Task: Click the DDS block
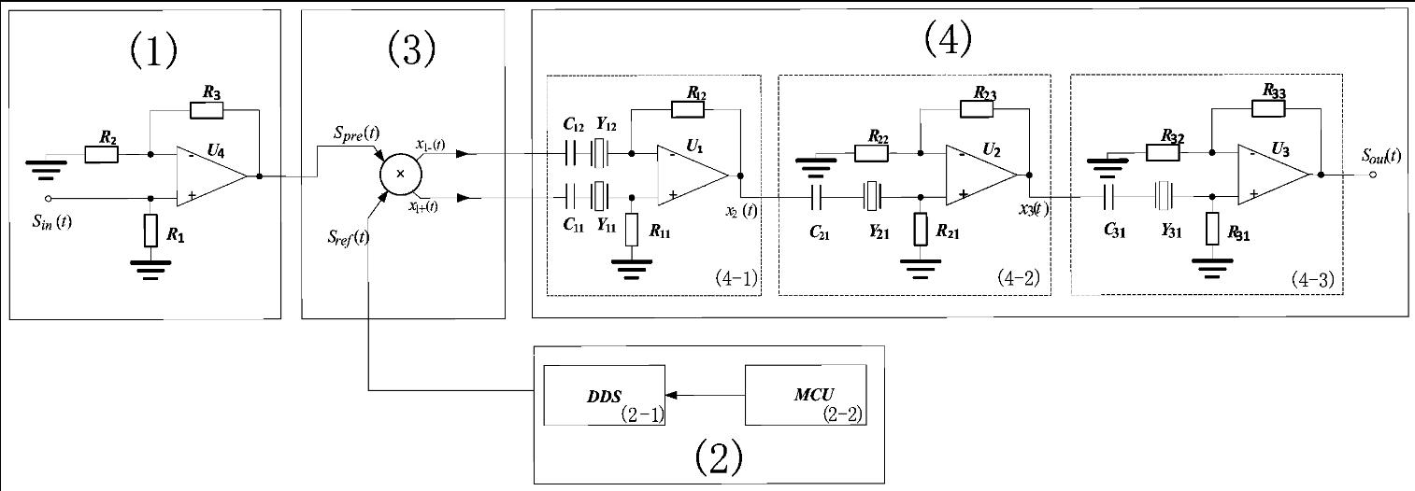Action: click(x=606, y=395)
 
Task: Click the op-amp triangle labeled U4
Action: click(x=209, y=175)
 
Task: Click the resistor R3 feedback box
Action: click(x=207, y=110)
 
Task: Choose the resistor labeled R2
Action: click(x=101, y=153)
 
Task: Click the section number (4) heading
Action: click(x=947, y=38)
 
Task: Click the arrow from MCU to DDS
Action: click(x=705, y=395)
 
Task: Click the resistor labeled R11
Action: click(x=632, y=229)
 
